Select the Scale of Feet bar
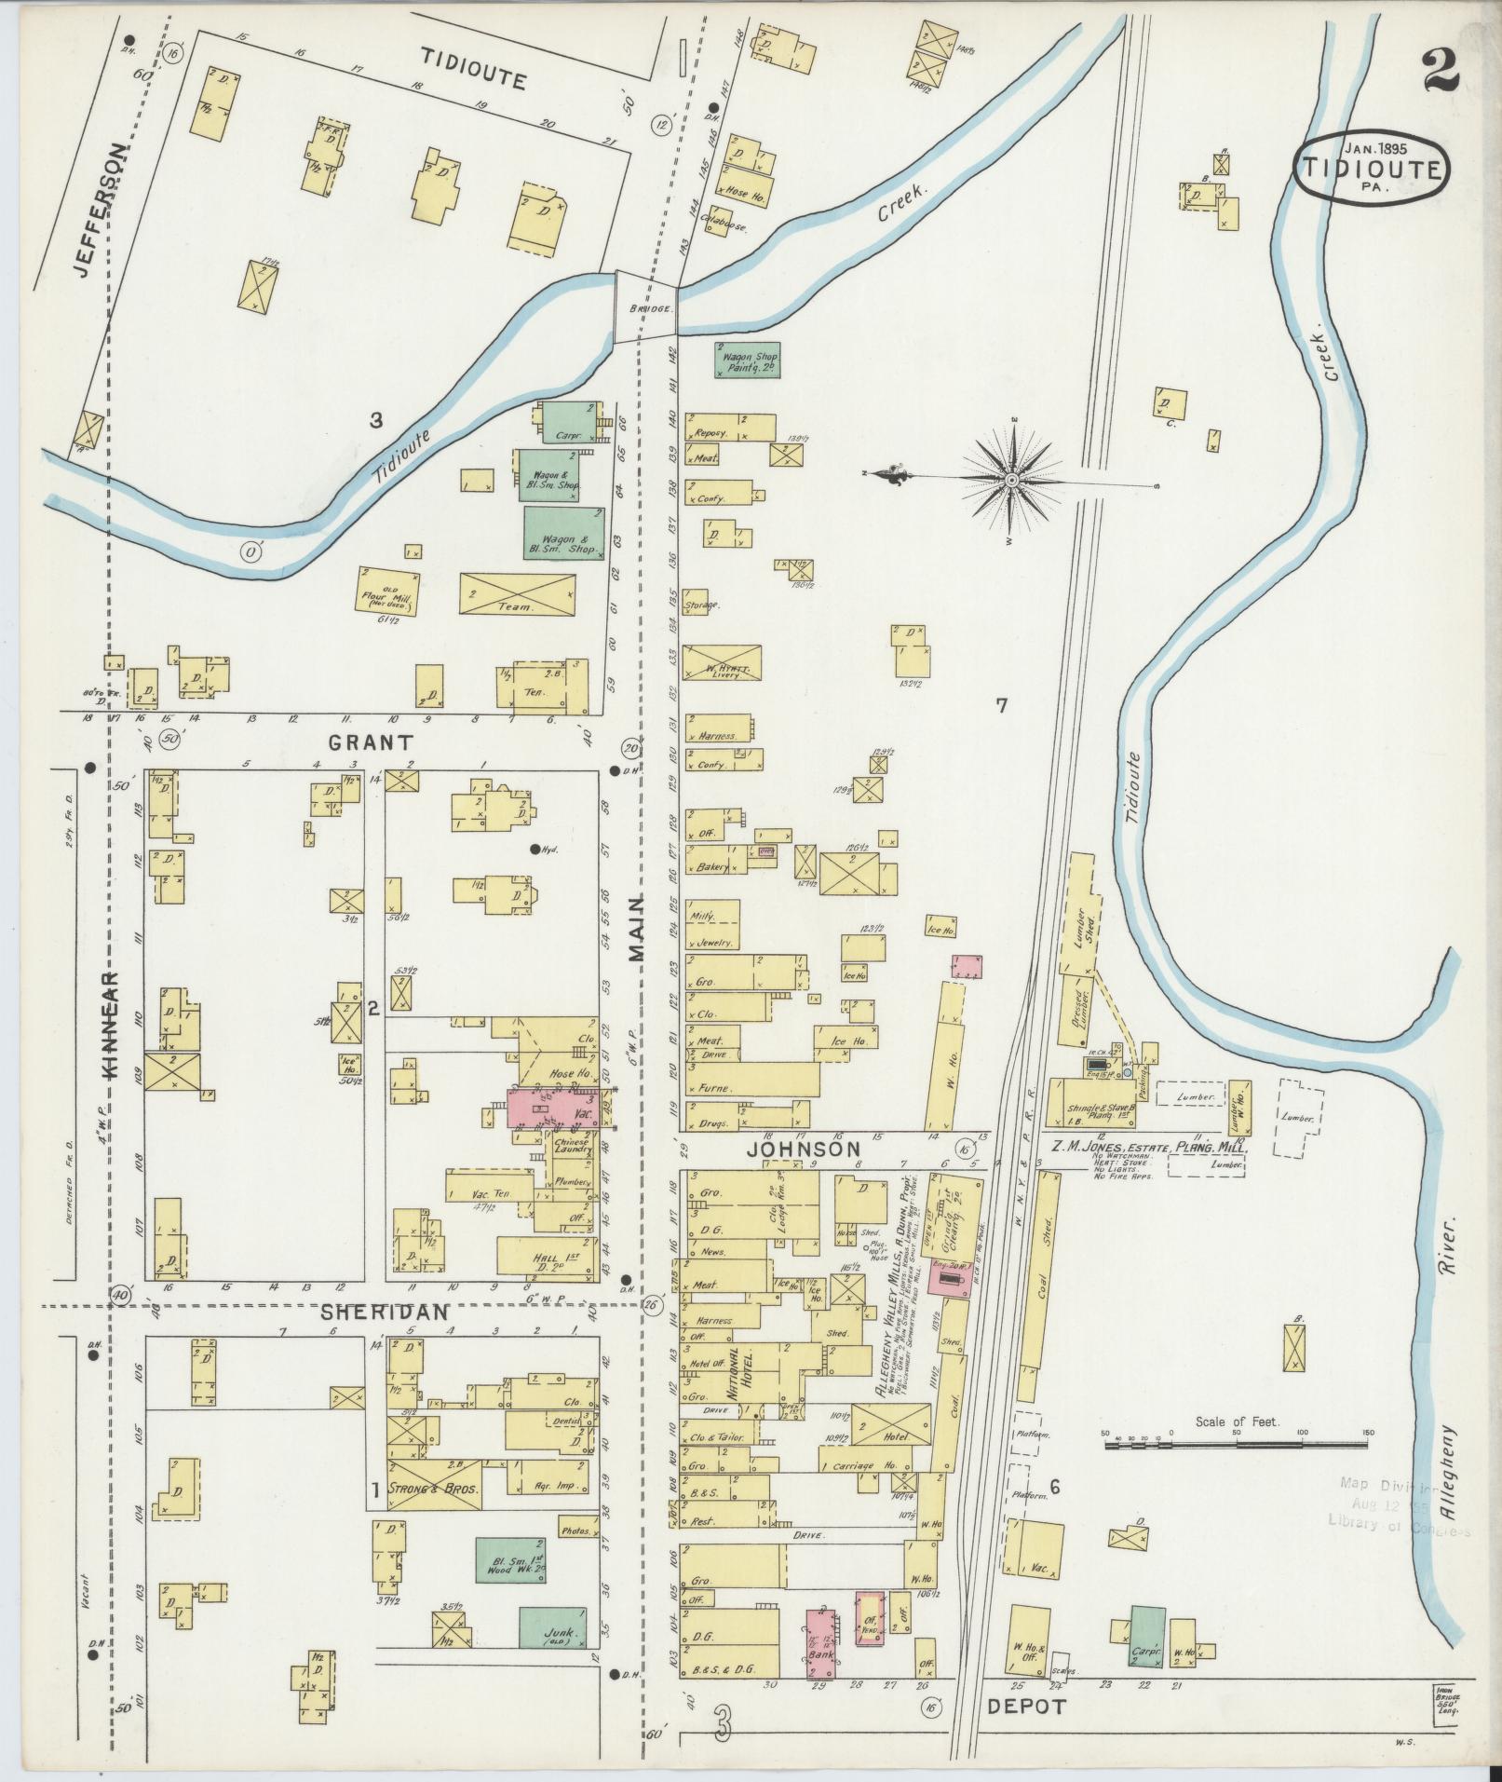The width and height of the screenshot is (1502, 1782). pos(1238,1471)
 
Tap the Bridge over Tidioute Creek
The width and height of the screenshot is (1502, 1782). pos(644,306)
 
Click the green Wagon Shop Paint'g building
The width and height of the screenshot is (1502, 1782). pos(747,360)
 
